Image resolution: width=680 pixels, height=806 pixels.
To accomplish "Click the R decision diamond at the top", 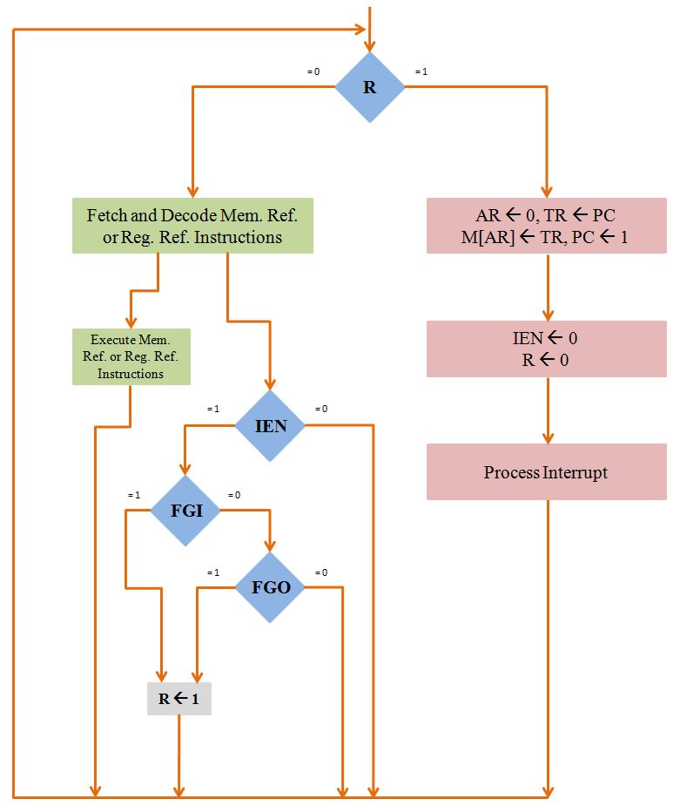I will click(370, 87).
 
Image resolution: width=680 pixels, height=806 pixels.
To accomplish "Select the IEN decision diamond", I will click(270, 425).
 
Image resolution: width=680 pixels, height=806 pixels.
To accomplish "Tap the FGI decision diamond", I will click(185, 511).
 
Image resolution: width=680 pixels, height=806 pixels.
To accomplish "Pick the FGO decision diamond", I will click(270, 586).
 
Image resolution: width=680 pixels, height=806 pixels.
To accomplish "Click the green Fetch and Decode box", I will click(192, 226).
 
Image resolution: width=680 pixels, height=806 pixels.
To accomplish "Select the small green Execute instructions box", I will click(131, 356).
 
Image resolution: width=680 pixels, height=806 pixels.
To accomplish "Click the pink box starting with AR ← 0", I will click(546, 226).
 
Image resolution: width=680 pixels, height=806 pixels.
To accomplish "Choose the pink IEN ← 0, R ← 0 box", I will click(546, 349).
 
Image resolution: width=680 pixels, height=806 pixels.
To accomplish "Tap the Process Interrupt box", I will click(546, 472).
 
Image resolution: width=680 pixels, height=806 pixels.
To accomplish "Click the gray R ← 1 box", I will click(178, 698).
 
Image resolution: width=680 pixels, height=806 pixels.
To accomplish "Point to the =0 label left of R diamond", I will click(313, 71).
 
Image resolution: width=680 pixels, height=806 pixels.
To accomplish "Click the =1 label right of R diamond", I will click(421, 71).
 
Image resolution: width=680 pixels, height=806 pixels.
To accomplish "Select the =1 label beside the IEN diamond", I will click(213, 409).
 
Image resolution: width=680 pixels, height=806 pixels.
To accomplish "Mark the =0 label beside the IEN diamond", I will click(321, 409).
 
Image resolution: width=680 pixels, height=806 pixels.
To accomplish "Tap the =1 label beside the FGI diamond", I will click(133, 495).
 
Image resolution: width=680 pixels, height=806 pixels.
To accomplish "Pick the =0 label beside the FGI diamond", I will click(234, 495).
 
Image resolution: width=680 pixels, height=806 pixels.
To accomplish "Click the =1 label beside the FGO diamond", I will click(213, 572).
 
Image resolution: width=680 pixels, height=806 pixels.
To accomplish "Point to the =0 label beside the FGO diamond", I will click(321, 572).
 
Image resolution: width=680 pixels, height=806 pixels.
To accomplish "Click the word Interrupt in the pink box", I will click(575, 472).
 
